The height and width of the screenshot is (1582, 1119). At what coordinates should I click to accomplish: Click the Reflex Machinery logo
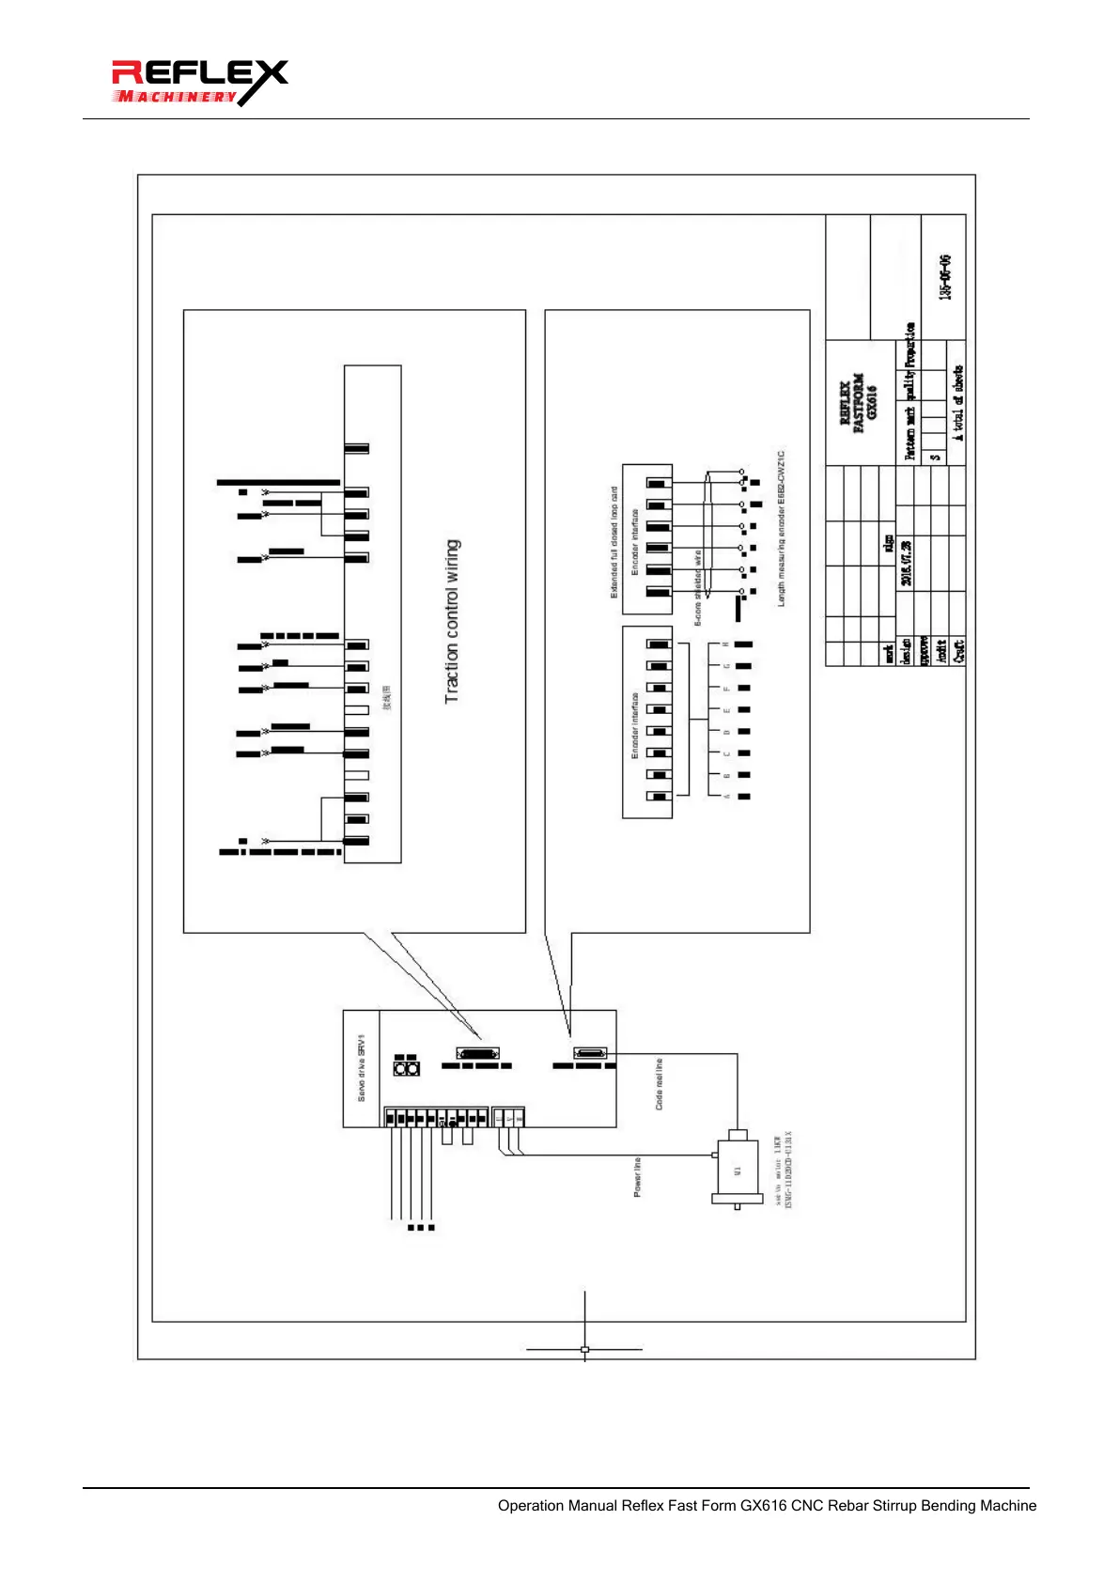(198, 83)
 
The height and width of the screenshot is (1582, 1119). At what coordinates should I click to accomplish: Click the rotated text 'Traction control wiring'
(452, 621)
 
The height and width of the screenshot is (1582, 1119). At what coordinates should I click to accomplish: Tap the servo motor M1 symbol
(737, 1170)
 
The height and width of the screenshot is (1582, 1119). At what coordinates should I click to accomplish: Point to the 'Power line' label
(637, 1176)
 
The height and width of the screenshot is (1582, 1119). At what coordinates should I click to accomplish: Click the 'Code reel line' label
(659, 1084)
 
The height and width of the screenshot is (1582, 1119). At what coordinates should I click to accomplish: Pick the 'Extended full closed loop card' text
(614, 542)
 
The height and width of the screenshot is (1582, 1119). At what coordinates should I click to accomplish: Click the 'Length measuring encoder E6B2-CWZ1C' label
(782, 528)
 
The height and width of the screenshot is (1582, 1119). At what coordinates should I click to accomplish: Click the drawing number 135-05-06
(945, 276)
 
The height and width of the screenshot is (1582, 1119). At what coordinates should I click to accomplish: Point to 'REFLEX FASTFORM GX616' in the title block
(858, 401)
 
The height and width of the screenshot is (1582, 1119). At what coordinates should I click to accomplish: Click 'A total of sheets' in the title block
(957, 403)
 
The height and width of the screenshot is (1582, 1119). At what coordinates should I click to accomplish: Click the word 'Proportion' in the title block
(909, 345)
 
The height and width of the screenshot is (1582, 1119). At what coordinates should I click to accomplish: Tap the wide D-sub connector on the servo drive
(478, 1054)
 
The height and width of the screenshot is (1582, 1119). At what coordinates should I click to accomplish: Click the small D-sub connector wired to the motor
(589, 1054)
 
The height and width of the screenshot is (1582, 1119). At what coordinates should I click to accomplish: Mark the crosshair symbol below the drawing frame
(584, 1349)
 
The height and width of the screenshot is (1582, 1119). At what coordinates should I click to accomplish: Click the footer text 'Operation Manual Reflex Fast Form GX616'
(767, 1505)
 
